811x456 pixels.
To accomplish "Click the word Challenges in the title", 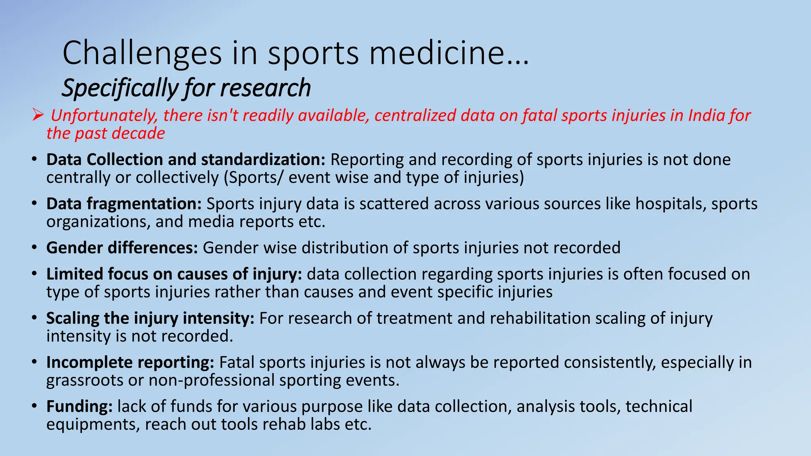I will coord(142,53).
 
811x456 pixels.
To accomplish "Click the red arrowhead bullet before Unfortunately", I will coord(38,115).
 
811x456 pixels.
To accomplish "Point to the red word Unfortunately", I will coord(104,116).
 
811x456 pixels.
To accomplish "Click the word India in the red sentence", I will coord(706,115).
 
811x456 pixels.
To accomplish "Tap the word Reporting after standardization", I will coord(367,159).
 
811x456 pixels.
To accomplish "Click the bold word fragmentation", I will coord(144,203).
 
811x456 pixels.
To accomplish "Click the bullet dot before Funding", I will coord(35,407).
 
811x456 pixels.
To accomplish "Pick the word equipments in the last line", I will coord(92,425).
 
